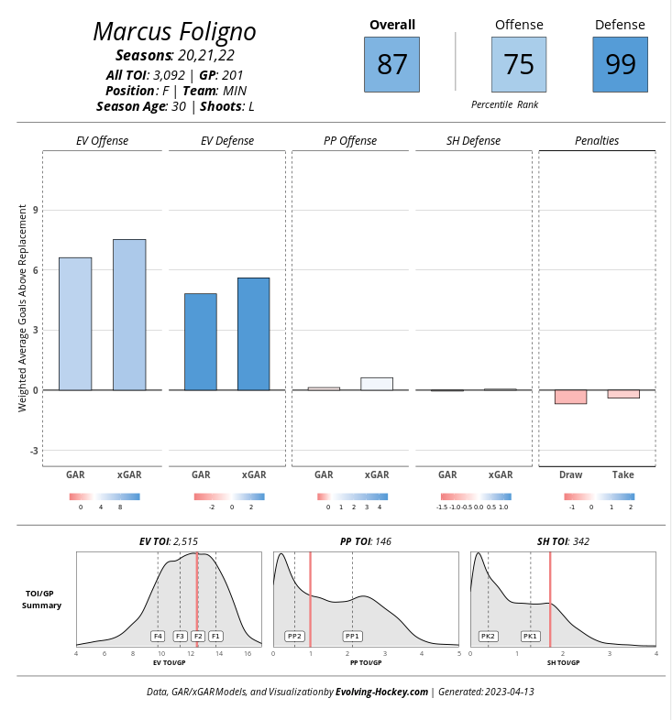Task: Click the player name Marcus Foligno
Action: [174, 32]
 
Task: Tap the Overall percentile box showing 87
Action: [391, 64]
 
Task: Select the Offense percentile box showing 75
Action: [519, 64]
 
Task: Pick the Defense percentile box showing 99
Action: [620, 64]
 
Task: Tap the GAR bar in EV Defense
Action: [201, 342]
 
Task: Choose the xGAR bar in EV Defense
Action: [253, 333]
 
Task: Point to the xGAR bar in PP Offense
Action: [377, 384]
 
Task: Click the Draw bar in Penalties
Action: [570, 397]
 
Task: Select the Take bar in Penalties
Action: [623, 394]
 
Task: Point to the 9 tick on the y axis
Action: [36, 210]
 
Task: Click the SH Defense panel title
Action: [473, 141]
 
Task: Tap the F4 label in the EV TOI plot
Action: [158, 636]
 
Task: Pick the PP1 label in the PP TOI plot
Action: [352, 636]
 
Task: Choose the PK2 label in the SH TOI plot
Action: [488, 636]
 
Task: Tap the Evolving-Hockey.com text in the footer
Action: [381, 692]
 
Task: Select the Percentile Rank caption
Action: [504, 105]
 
